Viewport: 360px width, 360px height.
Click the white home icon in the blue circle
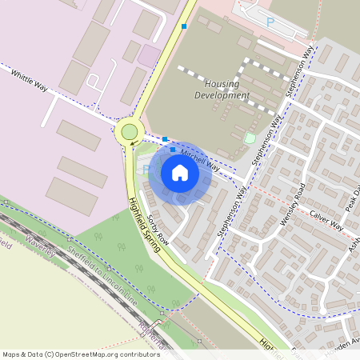[180, 173]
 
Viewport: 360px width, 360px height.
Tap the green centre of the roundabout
[129, 131]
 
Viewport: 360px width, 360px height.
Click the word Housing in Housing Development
[222, 83]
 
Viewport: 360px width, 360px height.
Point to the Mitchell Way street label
[199, 158]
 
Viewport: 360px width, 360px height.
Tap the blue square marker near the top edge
[185, 26]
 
